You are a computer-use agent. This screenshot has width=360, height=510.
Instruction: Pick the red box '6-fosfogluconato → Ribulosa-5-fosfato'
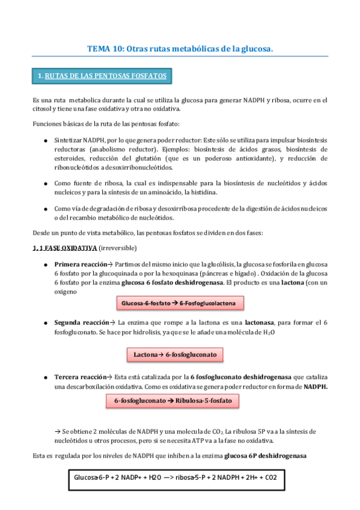pos(176,400)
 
